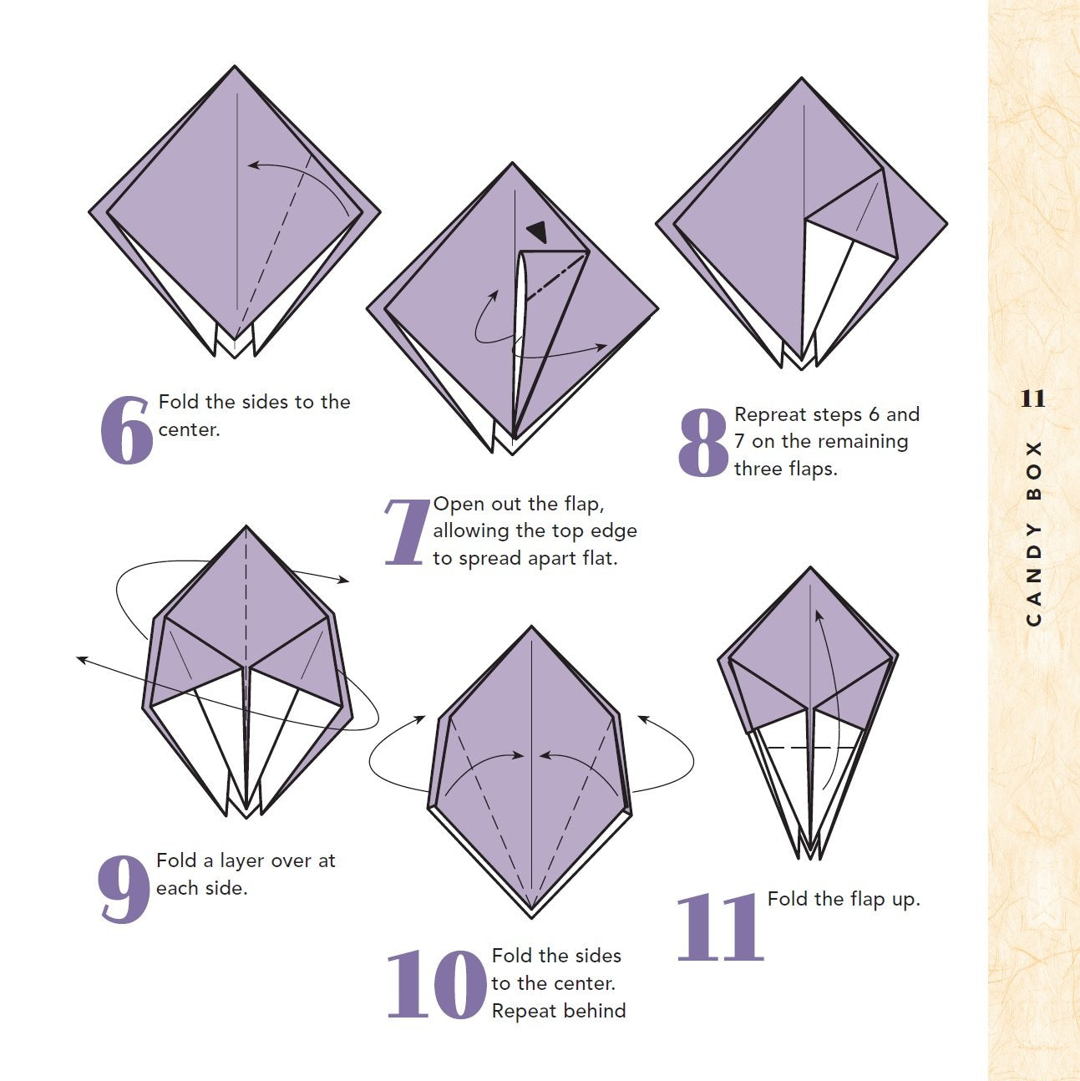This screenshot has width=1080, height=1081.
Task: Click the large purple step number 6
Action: pos(126,430)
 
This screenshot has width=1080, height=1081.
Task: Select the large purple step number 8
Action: pos(703,443)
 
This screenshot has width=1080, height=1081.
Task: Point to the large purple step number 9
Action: pos(124,889)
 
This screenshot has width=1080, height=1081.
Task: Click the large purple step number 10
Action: pos(437,984)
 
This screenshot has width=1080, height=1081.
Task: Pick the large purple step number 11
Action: pos(720,927)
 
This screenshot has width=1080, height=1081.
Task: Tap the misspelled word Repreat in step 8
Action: pos(770,415)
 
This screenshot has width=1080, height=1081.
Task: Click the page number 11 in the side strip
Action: pos(1033,398)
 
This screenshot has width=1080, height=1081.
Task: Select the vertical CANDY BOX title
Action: pos(1033,534)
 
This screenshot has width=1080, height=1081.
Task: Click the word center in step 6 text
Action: pos(189,430)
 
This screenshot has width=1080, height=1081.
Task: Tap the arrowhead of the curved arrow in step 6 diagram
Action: pos(254,165)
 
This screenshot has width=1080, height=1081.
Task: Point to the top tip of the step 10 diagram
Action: pos(531,627)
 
